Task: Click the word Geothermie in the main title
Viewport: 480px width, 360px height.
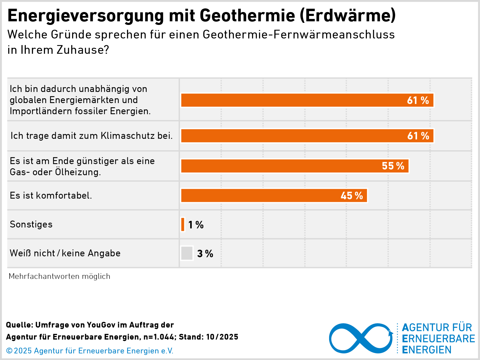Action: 247,16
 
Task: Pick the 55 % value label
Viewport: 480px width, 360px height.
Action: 393,166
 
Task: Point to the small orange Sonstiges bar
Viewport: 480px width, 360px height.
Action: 183,225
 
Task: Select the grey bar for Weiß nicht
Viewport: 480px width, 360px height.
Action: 187,253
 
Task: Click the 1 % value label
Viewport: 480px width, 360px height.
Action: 196,225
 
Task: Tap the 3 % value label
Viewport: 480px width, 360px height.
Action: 205,254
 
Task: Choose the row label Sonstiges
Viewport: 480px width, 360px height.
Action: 31,224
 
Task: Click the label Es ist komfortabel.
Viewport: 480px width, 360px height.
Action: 51,195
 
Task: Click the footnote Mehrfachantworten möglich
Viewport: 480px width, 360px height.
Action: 59,276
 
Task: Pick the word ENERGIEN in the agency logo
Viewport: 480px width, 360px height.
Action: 427,350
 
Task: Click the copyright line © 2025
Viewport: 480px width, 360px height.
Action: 89,351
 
